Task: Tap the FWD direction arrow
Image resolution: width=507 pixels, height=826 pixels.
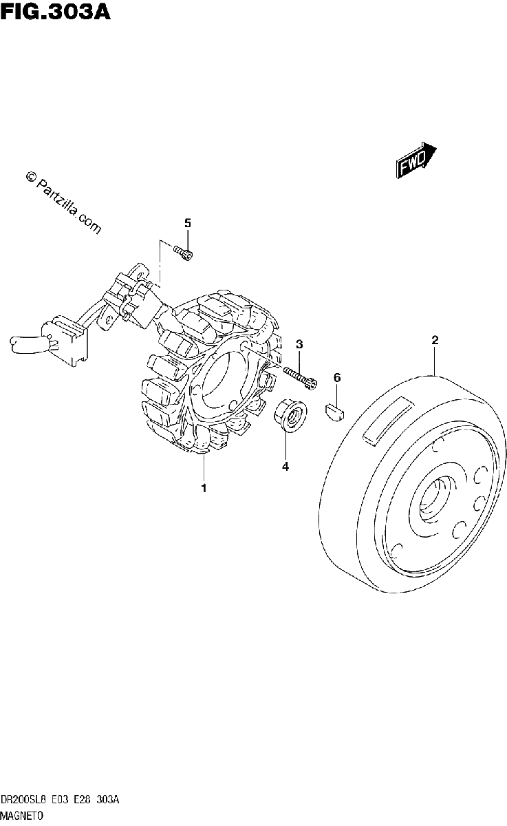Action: coord(416,160)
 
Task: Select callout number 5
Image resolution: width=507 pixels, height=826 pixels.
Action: coord(188,223)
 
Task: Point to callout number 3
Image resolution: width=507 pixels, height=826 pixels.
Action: coord(299,344)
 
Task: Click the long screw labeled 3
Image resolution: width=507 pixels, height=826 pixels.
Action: coord(300,377)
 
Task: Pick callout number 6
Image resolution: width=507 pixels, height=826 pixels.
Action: coord(337,378)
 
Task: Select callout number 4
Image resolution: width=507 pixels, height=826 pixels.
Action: coord(285,467)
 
